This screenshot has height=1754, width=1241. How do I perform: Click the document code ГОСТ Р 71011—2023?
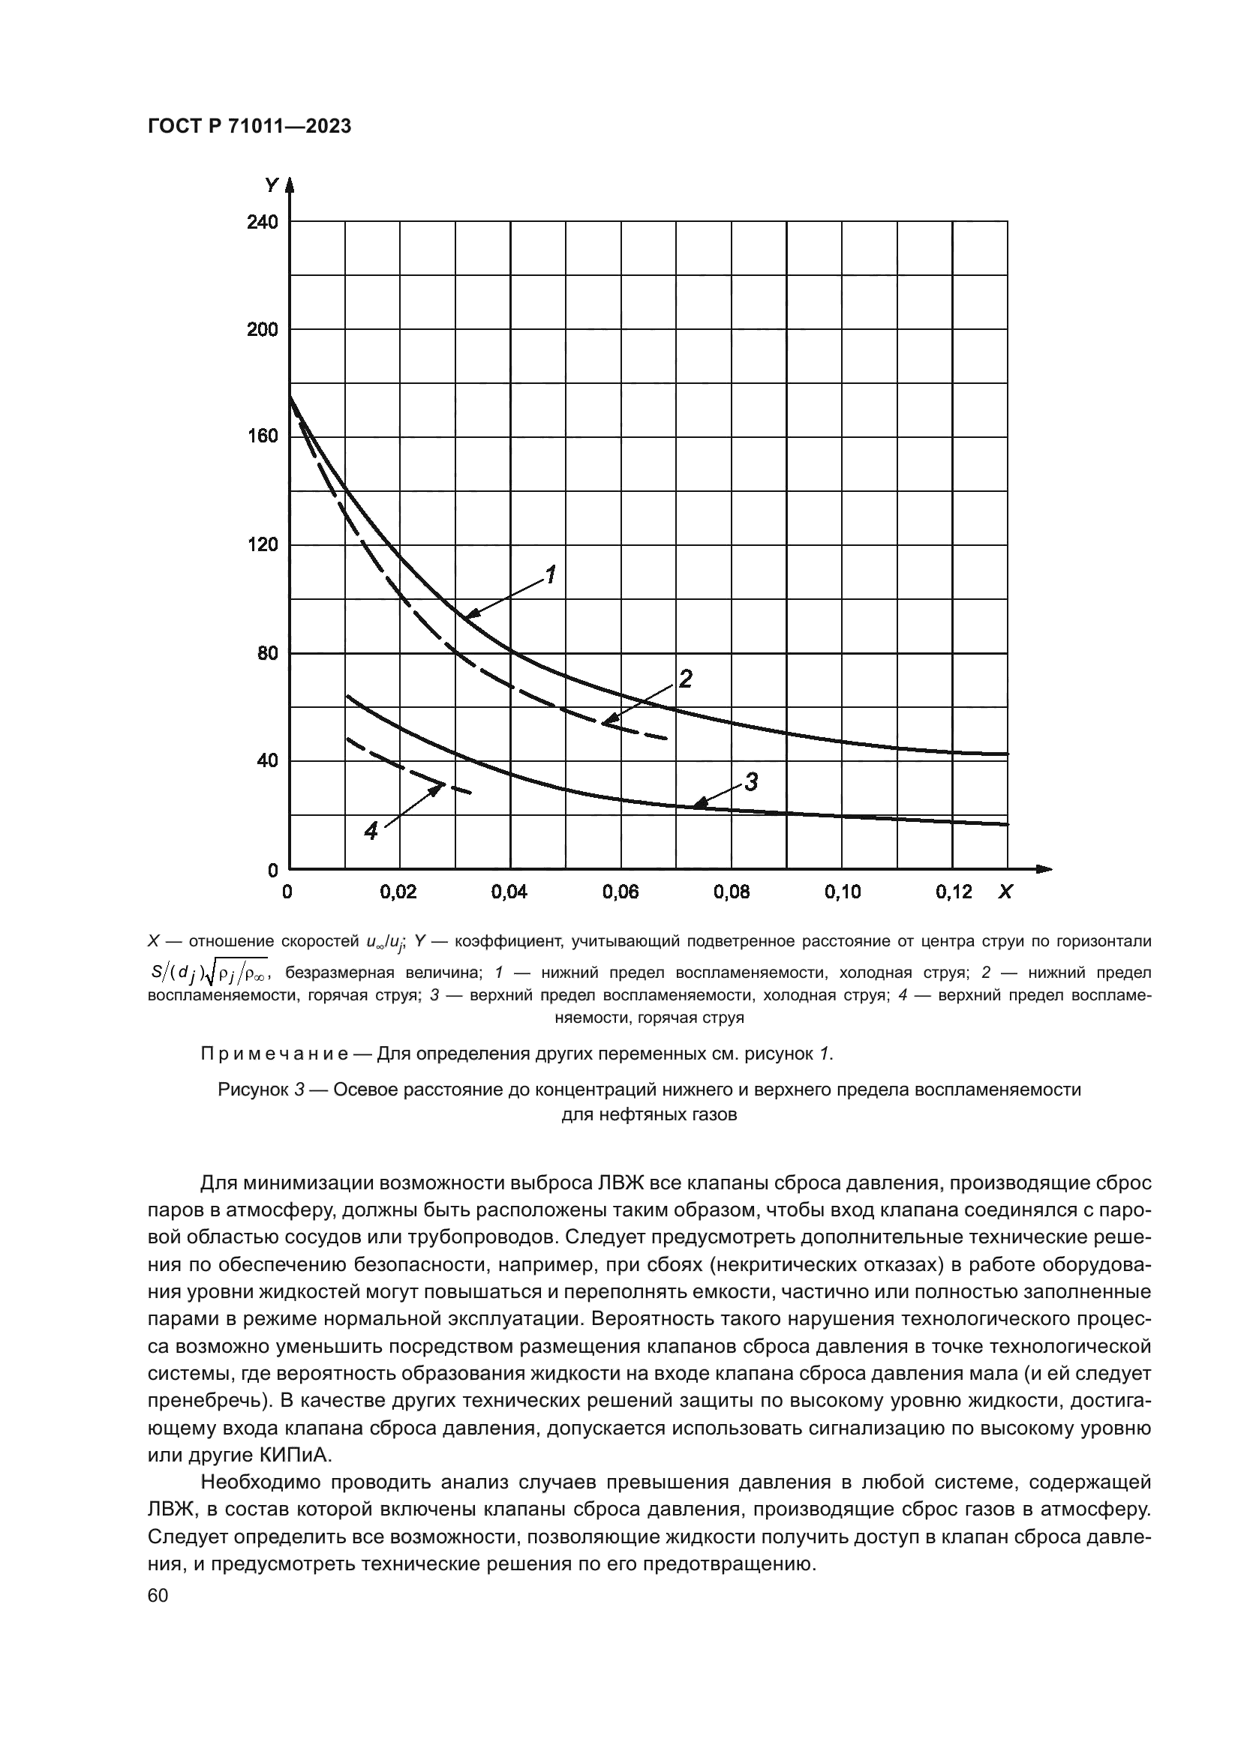249,127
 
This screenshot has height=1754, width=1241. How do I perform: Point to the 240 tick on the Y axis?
262,222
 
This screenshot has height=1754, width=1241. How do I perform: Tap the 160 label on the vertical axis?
262,437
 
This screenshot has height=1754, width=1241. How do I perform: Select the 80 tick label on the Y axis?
267,653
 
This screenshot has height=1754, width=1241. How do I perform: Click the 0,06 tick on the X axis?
620,892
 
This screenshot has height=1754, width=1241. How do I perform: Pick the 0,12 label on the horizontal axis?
954,892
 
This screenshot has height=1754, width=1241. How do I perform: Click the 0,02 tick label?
398,892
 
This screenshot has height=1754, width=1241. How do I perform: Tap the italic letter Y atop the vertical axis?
272,185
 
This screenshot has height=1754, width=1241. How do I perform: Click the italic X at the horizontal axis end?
1005,892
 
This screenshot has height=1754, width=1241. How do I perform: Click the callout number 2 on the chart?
686,679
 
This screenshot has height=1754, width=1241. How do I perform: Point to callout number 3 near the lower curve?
751,782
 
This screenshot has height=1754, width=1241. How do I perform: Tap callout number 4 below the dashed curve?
371,831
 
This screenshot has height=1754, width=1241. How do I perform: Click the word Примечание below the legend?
275,1054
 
